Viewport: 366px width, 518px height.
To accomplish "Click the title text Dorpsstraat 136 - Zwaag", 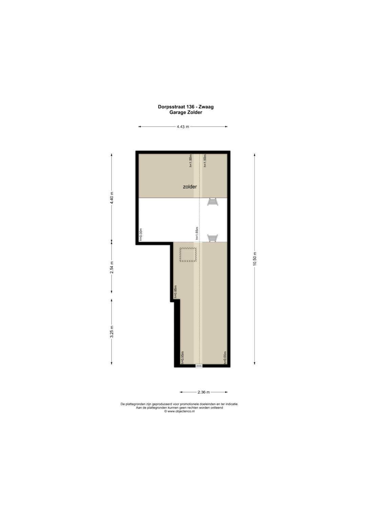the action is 186,107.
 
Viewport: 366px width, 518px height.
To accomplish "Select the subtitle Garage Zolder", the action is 186,112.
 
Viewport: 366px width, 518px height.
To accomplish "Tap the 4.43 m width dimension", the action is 183,127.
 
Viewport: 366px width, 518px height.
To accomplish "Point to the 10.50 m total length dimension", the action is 255,259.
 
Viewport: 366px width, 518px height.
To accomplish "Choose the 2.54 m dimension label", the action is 112,267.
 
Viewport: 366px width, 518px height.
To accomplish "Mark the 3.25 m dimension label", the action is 112,332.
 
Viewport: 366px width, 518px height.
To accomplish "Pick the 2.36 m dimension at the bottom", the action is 204,392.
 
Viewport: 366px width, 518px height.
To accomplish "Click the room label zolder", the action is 190,187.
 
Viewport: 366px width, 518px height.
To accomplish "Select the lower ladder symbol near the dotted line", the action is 212,238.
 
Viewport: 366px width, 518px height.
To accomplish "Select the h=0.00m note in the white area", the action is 141,234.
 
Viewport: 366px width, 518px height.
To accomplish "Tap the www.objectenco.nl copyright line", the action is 179,411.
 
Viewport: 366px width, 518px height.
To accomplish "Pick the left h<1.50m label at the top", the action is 191,160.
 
